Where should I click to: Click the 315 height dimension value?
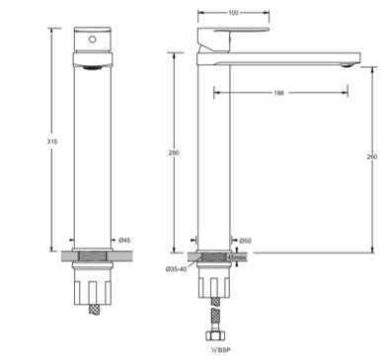(x=51, y=142)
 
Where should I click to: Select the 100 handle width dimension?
(x=233, y=13)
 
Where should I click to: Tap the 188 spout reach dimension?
(x=278, y=93)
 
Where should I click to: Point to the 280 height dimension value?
(x=174, y=153)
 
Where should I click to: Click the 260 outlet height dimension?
(x=372, y=157)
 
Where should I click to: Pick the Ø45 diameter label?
(x=124, y=241)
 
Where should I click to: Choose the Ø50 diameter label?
(x=245, y=241)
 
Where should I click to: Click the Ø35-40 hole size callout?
(x=176, y=269)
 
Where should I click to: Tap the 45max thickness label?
(x=237, y=257)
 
